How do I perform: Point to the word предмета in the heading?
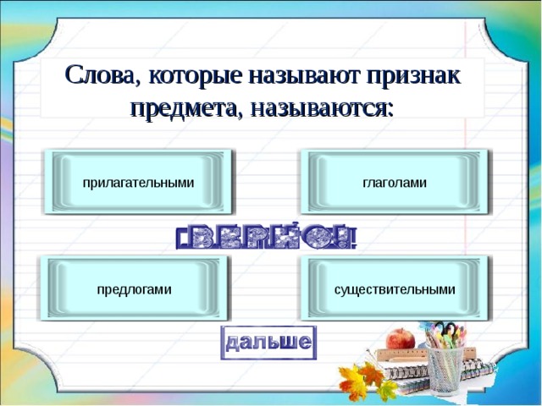tap(180, 108)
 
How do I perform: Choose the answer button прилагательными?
tap(138, 183)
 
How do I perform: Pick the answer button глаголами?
tap(395, 183)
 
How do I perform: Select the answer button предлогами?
tap(134, 289)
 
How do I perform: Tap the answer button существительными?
tap(395, 289)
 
